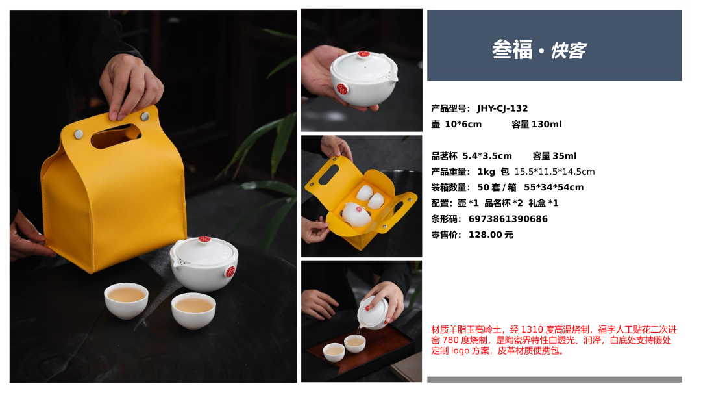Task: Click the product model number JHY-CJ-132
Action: (x=502, y=108)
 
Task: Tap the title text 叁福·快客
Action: (x=539, y=49)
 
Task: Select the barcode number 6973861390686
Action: (x=508, y=219)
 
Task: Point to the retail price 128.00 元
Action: (x=491, y=235)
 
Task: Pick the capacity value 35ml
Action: (x=565, y=156)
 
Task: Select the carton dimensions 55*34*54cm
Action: (x=554, y=188)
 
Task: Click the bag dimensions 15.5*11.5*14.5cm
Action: (x=554, y=172)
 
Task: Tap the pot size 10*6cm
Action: (x=463, y=124)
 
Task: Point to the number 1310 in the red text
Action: (x=531, y=329)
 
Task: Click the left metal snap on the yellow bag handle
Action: (x=79, y=134)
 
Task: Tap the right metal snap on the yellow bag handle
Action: (x=145, y=117)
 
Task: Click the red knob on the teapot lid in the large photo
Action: (x=204, y=239)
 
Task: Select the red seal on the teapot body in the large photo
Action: (x=230, y=271)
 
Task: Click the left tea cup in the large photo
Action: (x=126, y=300)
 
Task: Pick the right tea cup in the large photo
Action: (x=193, y=311)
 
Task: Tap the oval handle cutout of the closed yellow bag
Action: (x=116, y=136)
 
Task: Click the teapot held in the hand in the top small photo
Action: (x=363, y=79)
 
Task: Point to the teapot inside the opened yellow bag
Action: (x=356, y=214)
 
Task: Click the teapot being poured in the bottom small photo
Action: (x=373, y=312)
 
